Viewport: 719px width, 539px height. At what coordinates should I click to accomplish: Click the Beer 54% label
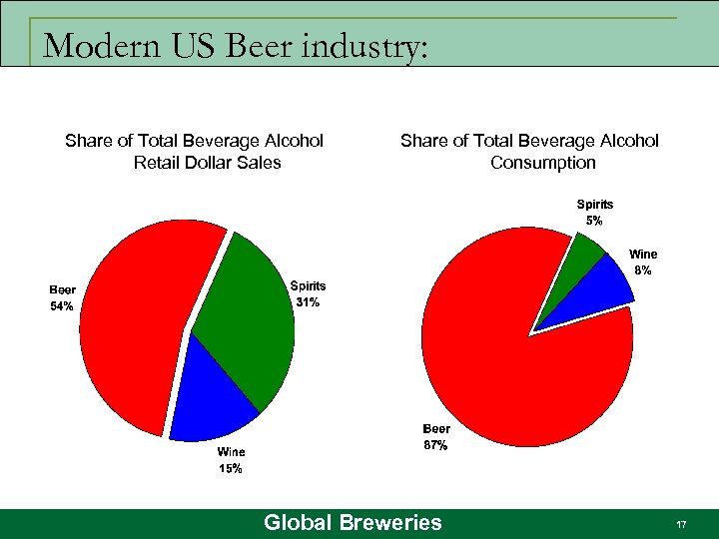click(62, 298)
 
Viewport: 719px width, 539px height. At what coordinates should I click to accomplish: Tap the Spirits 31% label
click(308, 293)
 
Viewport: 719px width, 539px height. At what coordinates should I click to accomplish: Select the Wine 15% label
click(231, 460)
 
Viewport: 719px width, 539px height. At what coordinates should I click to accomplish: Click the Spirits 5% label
click(594, 212)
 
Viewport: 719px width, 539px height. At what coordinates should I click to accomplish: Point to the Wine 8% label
click(642, 262)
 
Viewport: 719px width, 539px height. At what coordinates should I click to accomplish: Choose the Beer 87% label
click(435, 437)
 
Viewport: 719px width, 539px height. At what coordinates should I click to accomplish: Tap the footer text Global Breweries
click(353, 522)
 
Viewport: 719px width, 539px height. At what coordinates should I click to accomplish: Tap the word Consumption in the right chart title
click(542, 162)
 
